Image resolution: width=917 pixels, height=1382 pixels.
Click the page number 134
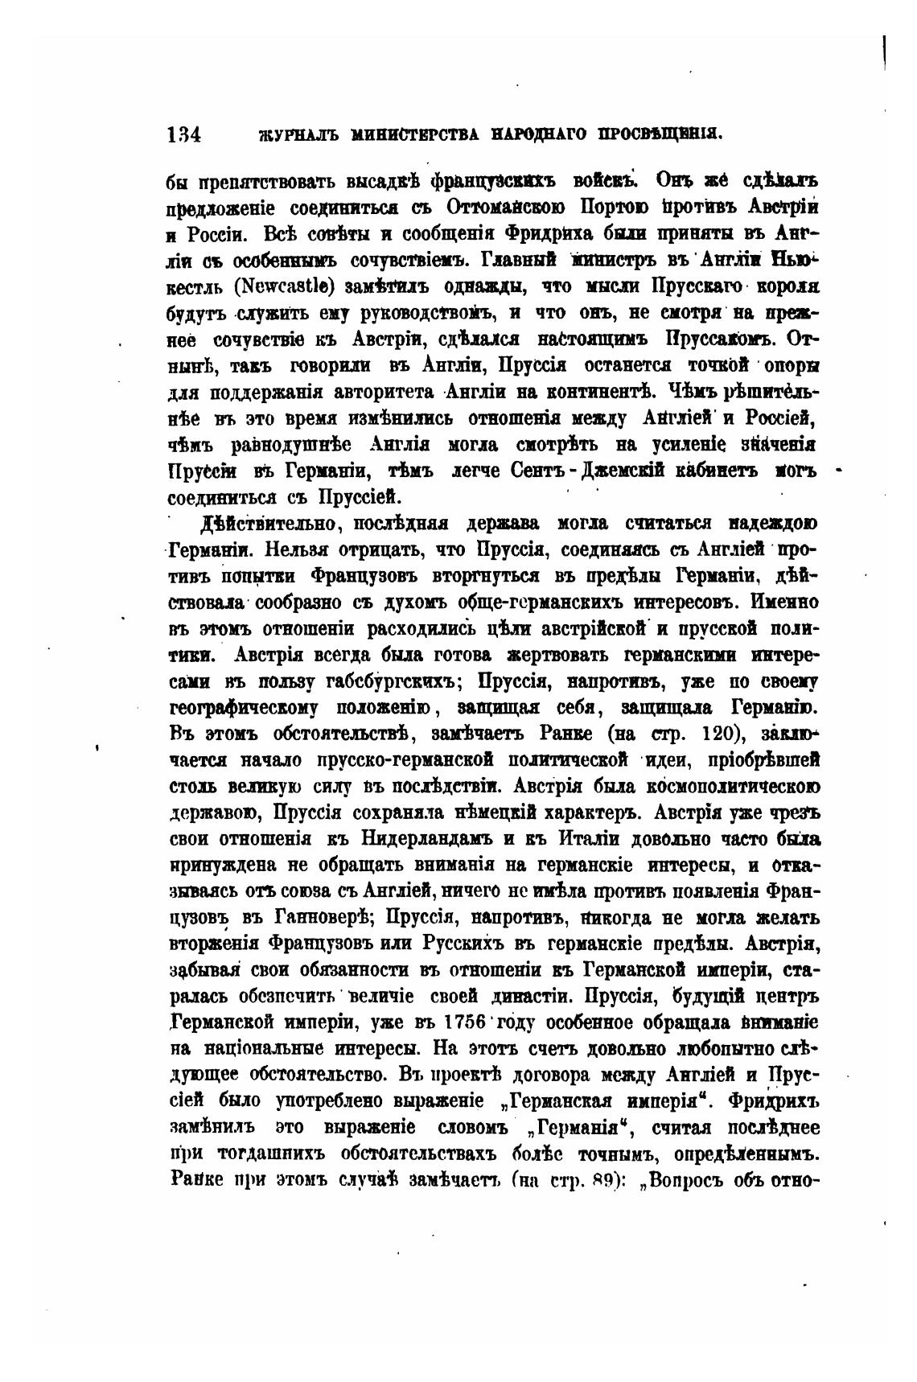tap(184, 134)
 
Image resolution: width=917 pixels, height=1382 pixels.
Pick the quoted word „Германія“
tap(572, 1128)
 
